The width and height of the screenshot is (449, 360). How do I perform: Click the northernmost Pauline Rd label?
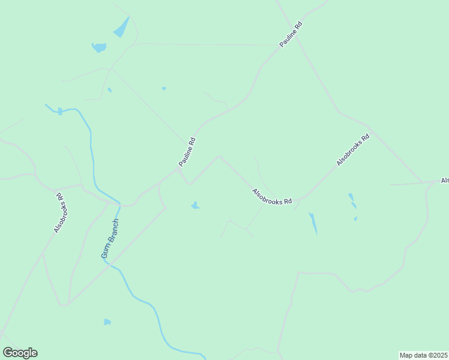[x=291, y=35]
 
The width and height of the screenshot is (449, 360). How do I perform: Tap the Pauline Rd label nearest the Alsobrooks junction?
[x=187, y=152]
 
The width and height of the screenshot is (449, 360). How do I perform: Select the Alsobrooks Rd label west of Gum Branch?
[x=59, y=212]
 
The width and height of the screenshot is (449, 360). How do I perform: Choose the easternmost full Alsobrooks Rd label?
[x=352, y=150]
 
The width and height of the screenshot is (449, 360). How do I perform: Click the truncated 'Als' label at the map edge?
[x=444, y=180]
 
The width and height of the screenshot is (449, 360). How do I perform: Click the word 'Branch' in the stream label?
[x=113, y=231]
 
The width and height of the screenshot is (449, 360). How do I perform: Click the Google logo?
[x=20, y=353]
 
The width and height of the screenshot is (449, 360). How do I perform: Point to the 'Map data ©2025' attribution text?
[x=423, y=355]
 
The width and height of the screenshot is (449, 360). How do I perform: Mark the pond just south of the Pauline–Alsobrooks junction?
[x=195, y=206]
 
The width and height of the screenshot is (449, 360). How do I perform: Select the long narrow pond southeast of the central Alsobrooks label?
[x=313, y=223]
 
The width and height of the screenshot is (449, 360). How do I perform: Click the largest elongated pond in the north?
[x=121, y=27]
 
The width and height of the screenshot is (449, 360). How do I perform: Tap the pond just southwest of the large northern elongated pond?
[x=99, y=47]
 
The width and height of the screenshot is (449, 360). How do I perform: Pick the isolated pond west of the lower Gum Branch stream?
[x=107, y=322]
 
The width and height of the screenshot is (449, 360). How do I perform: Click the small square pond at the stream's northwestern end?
[x=60, y=111]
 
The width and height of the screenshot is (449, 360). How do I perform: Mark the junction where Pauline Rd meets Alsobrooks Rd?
[x=179, y=170]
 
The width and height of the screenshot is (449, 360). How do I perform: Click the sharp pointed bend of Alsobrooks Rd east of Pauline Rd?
[x=219, y=157]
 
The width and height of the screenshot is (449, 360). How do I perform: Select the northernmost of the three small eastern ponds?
[x=351, y=196]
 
